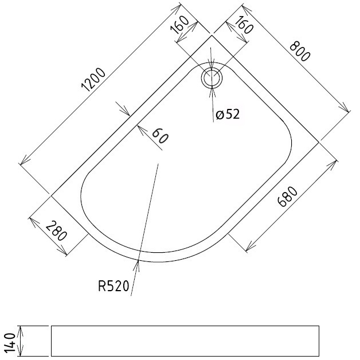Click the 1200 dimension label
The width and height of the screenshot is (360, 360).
[x=93, y=80]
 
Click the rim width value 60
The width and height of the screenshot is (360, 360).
[x=159, y=136]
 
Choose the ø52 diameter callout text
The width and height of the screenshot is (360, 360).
[x=228, y=115]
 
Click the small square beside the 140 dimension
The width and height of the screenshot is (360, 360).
[x=34, y=341]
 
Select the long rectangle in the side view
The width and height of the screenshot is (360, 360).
[x=185, y=341]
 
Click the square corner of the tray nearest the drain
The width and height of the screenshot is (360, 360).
[x=213, y=35]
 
